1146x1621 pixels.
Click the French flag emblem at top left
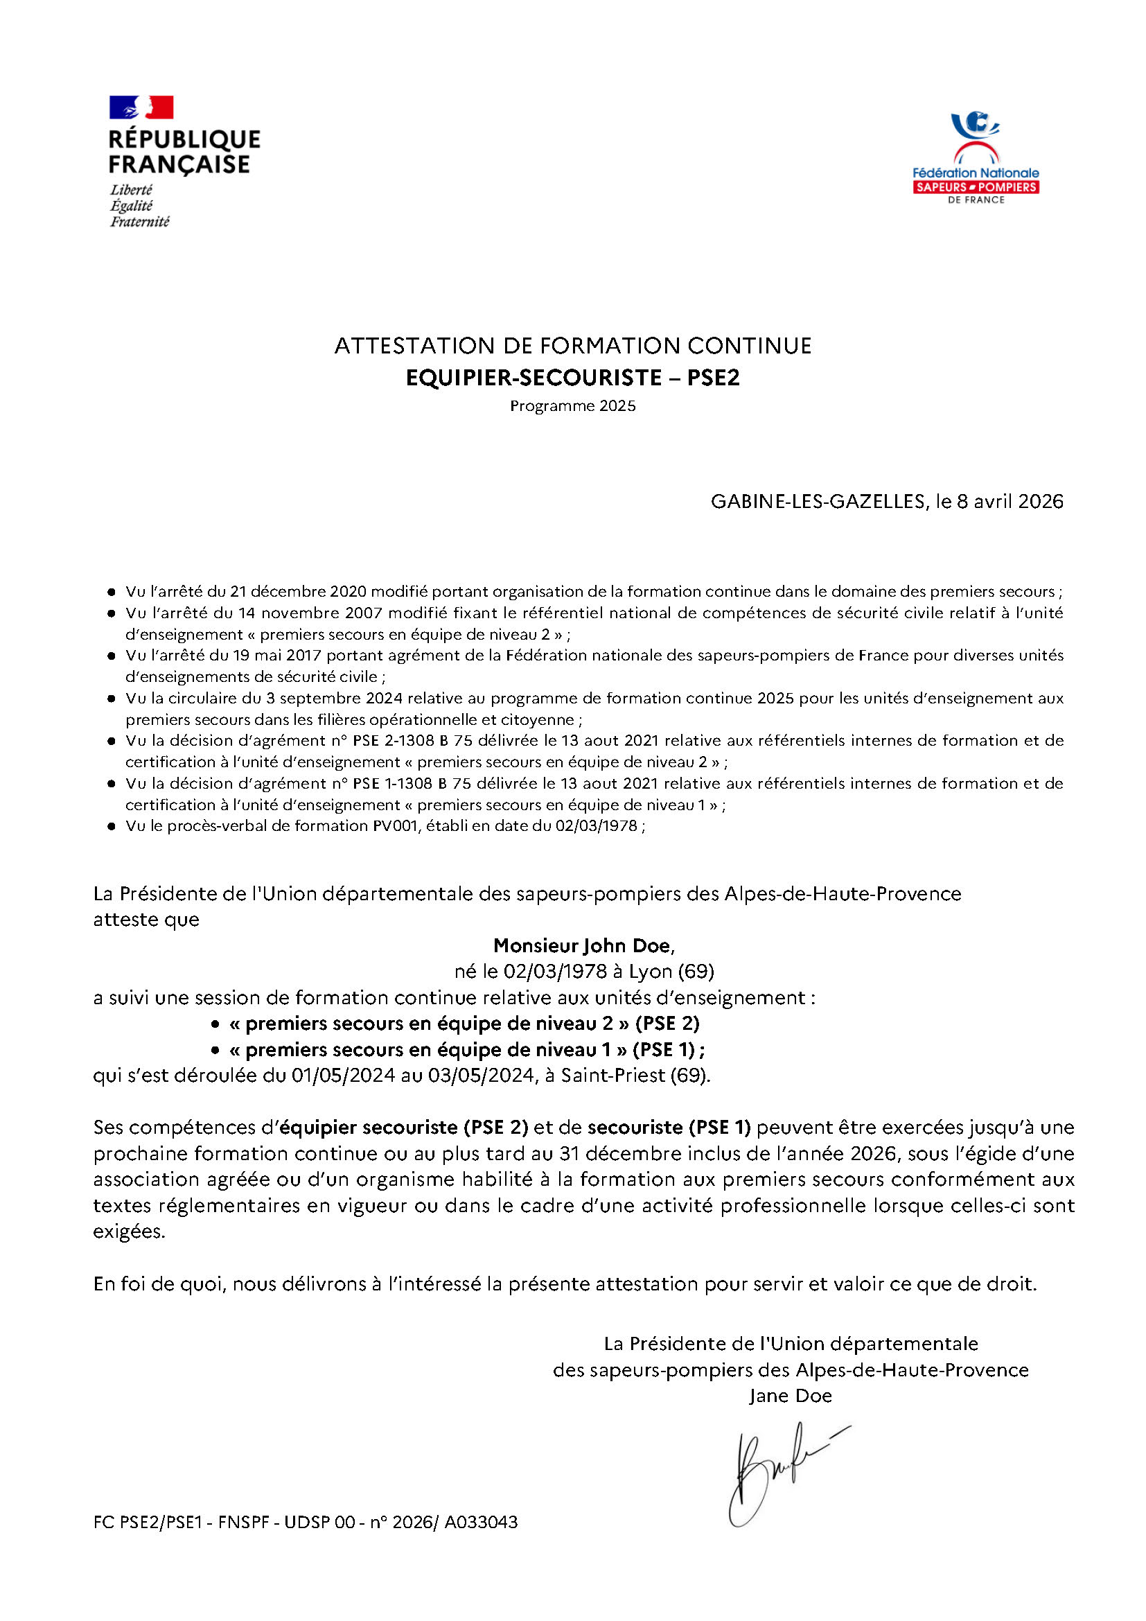(141, 107)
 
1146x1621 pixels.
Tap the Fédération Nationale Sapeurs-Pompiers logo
(976, 158)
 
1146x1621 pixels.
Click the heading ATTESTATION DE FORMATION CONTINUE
(572, 346)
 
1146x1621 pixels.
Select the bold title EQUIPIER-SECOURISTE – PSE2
(572, 378)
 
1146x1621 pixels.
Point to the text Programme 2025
(572, 406)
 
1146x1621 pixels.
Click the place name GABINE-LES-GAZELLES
(818, 501)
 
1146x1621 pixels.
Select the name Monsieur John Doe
(583, 945)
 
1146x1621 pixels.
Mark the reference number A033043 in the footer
(481, 1522)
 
